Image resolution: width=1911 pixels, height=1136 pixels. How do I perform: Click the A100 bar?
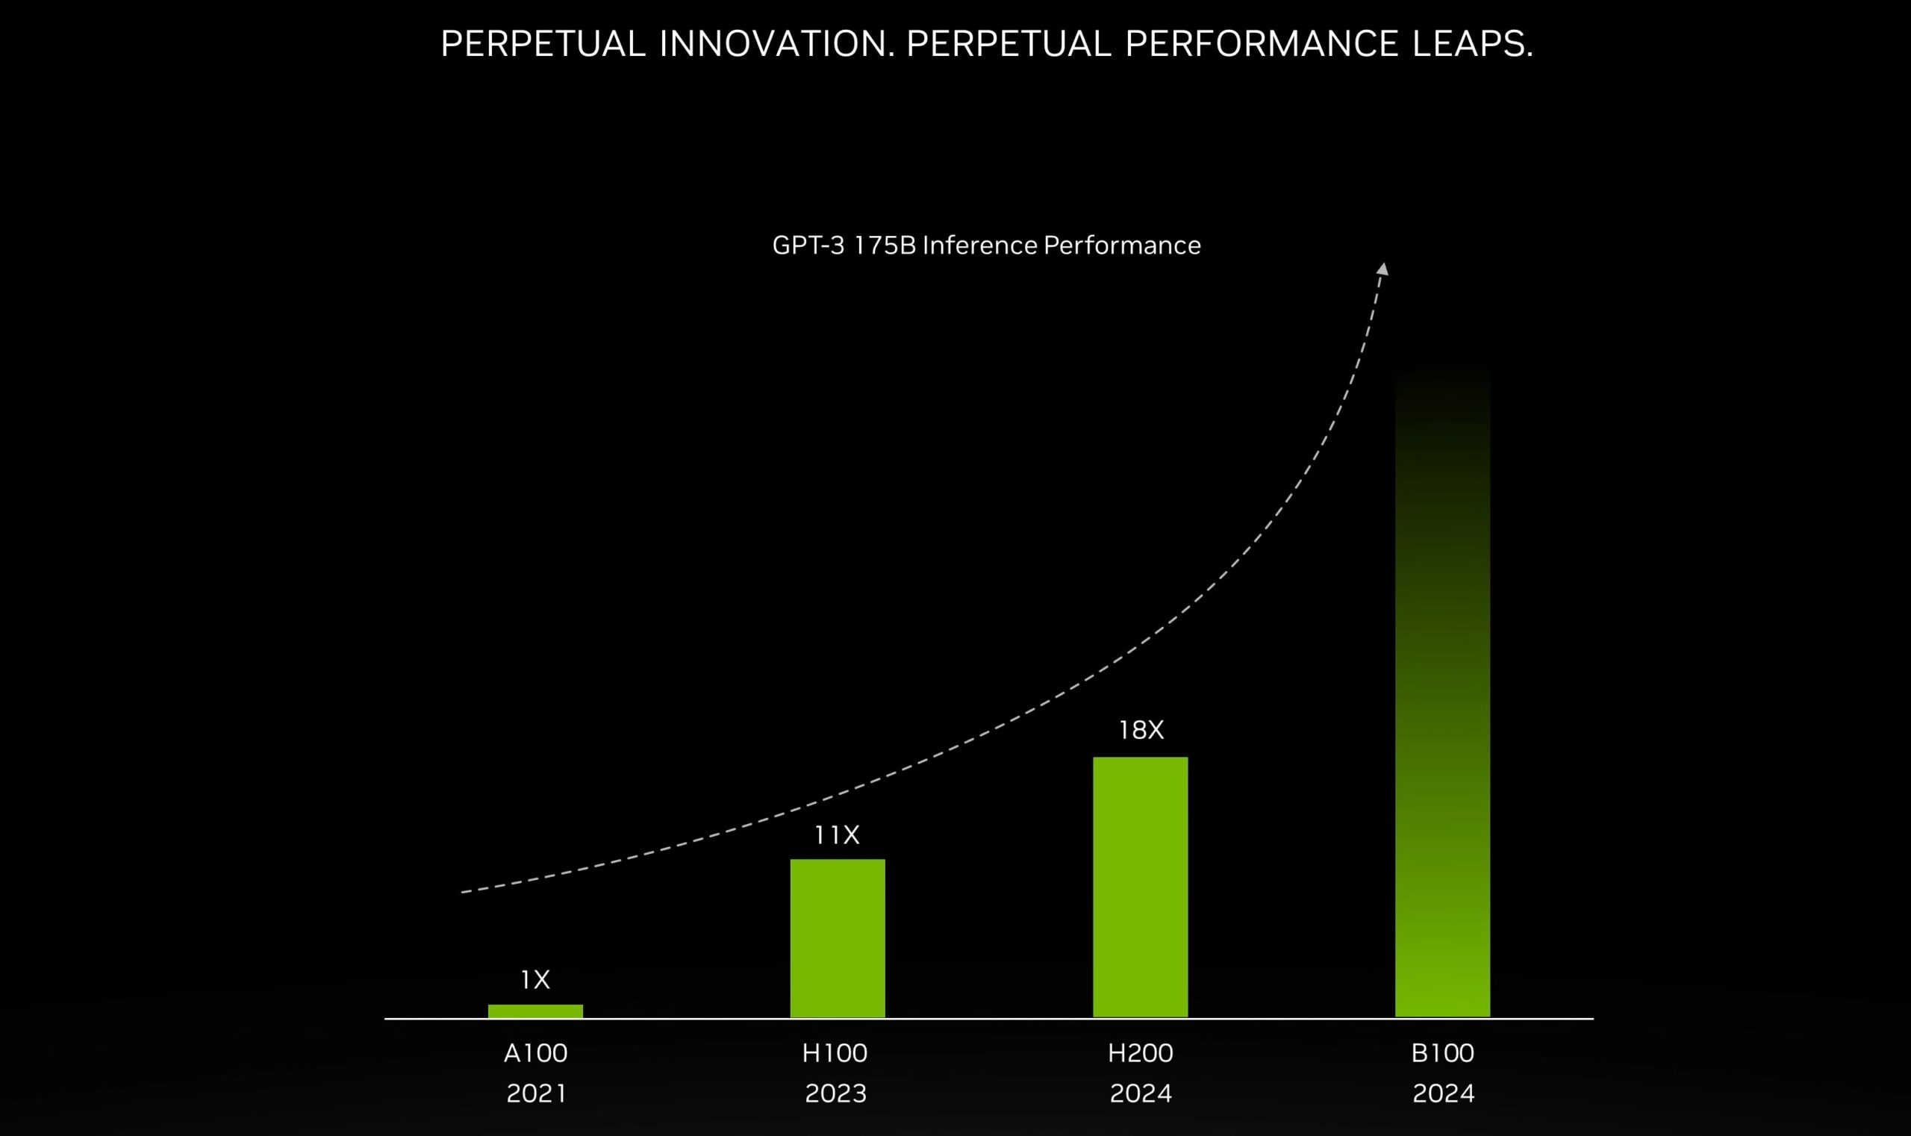pos(535,1011)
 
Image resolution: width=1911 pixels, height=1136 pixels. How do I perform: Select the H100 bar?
pos(838,937)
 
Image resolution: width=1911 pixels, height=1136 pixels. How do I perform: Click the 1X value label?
pos(535,979)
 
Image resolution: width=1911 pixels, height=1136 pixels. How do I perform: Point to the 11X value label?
pos(836,835)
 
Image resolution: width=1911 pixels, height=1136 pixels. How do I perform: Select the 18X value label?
pos(1141,730)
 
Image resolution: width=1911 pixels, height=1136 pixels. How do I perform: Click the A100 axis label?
pos(536,1053)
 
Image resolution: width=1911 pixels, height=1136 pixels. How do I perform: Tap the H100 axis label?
pos(835,1053)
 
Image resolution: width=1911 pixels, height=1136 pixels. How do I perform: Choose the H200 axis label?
pos(1141,1053)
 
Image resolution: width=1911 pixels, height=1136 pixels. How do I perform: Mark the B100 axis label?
pos(1442,1053)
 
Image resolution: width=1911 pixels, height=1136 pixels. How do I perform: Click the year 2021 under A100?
pos(536,1093)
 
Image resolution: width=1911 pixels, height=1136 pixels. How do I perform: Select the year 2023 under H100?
pos(835,1093)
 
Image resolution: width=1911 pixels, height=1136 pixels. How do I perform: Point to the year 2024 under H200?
pos(1141,1093)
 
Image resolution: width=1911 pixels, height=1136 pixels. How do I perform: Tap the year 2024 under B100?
pos(1442,1093)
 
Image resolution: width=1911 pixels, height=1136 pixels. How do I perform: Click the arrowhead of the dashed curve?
pos(1382,269)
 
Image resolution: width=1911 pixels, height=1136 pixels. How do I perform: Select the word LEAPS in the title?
pos(1471,43)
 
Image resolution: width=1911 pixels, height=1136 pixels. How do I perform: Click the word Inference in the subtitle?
pos(979,245)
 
